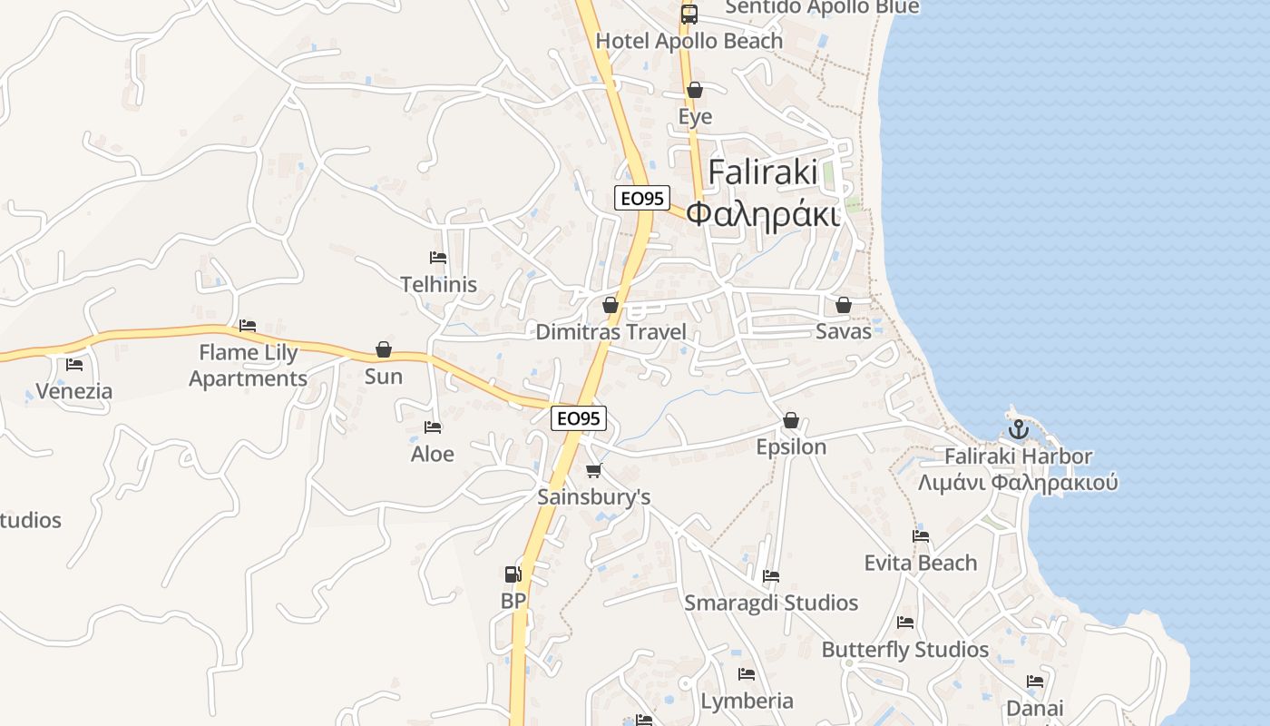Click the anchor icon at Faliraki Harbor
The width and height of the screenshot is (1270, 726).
point(1018,428)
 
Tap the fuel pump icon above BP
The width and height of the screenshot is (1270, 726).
point(513,574)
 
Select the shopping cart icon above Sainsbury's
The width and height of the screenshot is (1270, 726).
point(594,470)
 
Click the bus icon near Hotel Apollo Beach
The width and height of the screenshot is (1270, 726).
point(689,15)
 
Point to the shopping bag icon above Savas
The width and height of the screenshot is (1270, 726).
point(844,305)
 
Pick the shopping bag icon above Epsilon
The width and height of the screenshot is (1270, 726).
point(791,420)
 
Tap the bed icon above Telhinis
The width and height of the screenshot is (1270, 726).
point(438,258)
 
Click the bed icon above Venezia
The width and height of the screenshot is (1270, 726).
point(74,365)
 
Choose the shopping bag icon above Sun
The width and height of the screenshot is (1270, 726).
point(384,349)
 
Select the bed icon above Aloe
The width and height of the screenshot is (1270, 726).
point(433,427)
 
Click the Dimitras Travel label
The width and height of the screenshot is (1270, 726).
point(611,332)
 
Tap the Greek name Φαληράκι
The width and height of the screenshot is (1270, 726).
point(762,214)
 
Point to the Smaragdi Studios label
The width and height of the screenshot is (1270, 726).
point(771,603)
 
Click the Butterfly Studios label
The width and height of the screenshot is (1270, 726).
point(904,650)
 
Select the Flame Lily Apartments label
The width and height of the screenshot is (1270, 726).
point(249,366)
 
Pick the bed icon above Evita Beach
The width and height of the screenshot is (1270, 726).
point(921,536)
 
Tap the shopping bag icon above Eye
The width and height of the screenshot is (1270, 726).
point(695,90)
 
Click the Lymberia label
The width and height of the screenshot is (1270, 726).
point(747,701)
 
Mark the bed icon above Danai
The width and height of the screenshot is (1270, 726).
point(1035,682)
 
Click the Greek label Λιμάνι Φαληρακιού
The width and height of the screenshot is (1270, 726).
point(1018,482)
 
